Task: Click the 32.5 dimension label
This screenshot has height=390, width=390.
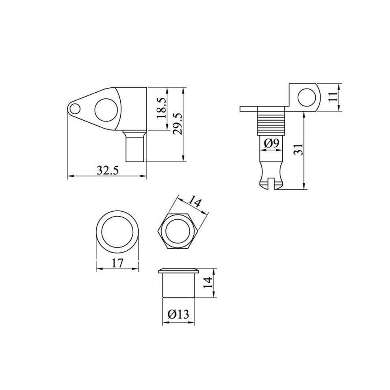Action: click(x=108, y=171)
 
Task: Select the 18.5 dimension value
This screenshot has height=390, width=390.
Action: click(x=162, y=108)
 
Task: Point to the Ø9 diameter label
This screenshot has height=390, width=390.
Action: click(x=272, y=143)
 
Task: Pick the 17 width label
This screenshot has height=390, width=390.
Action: click(x=117, y=263)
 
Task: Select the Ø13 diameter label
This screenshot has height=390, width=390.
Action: click(x=178, y=314)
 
